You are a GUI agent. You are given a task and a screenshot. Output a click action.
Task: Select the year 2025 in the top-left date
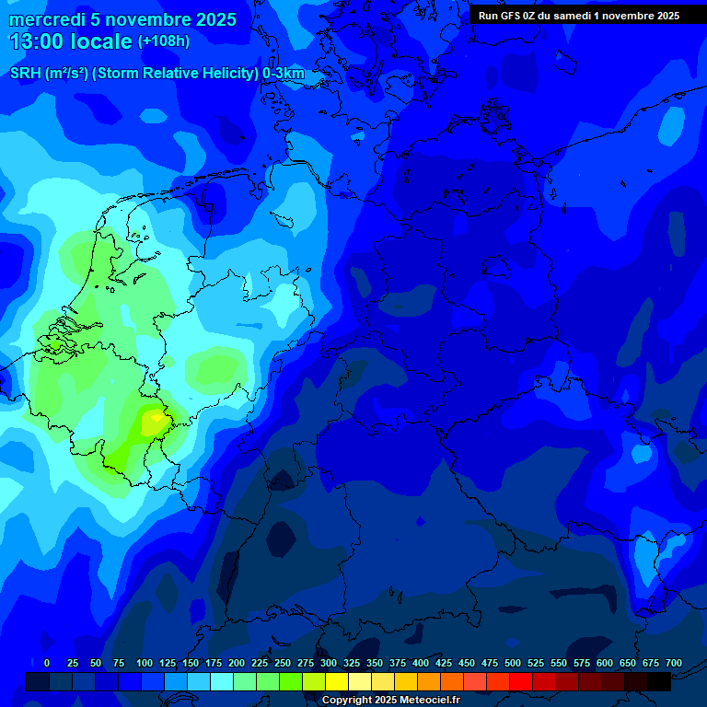pos(212,19)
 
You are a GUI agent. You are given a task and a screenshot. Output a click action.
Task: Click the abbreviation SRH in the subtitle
pos(26,74)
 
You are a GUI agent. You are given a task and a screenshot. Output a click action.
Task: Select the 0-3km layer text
pos(283,74)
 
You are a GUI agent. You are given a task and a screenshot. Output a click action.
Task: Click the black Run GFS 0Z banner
pos(578,15)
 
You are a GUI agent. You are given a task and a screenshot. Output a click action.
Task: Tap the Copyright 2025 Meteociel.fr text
pos(390,701)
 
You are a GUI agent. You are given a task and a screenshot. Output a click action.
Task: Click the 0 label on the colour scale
pos(47,663)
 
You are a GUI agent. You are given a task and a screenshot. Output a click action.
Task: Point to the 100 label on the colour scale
pos(145,663)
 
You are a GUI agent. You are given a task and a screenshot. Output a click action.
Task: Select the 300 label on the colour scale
pos(329,663)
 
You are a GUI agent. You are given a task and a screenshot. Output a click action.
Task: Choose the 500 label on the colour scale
pos(513,663)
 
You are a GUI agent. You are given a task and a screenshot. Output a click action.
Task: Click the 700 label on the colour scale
pos(674,663)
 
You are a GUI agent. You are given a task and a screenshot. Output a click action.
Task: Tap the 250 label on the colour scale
pos(283,663)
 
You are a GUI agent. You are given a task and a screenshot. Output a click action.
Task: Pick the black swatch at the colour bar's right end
pos(659,681)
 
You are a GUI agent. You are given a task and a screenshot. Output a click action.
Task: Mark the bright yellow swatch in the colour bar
pos(337,681)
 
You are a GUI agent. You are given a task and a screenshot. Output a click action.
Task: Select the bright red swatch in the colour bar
pos(521,681)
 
